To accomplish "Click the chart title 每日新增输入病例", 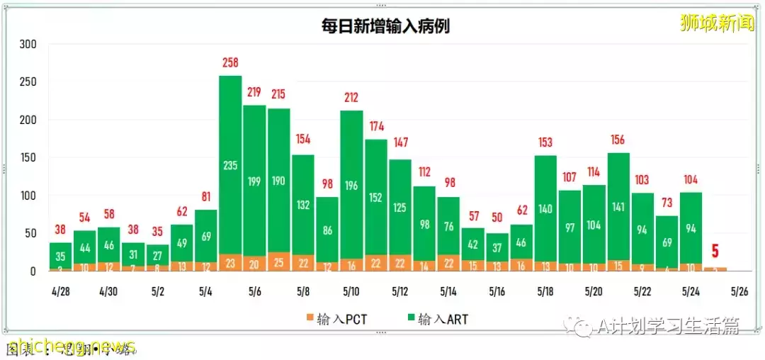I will tap(385, 26).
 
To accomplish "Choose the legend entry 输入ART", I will tap(437, 320).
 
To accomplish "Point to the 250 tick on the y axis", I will tap(28, 82).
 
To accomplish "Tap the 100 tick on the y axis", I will tap(28, 196).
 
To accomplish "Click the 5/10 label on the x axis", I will tap(352, 291).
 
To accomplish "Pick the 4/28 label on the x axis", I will tap(60, 291).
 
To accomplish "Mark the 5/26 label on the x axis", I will tap(739, 291).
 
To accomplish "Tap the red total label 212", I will tap(352, 97).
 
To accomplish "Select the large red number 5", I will tap(715, 252).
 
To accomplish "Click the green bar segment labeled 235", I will tap(230, 165).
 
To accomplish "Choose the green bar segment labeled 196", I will tap(352, 186).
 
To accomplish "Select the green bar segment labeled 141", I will tap(618, 207).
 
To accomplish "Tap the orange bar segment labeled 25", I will tap(278, 262).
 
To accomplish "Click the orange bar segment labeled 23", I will tap(230, 263).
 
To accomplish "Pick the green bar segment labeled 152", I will tap(376, 198).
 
